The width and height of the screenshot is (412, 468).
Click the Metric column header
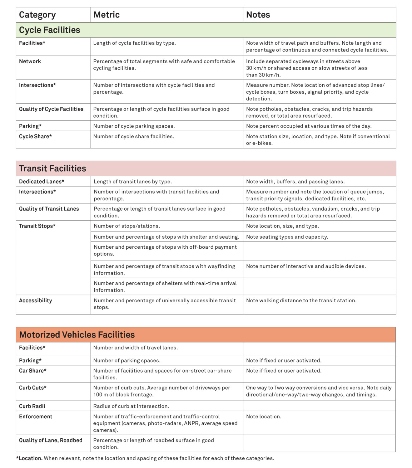coord(106,15)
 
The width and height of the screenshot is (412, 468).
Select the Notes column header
coord(258,15)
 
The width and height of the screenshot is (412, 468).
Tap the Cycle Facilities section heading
coord(49,30)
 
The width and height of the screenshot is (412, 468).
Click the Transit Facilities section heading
coord(52,168)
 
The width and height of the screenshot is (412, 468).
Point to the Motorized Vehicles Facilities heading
coord(77,335)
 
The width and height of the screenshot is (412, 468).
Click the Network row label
coord(30,61)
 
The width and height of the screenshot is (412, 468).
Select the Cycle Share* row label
coord(35,136)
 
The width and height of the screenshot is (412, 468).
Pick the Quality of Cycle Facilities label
coord(51,109)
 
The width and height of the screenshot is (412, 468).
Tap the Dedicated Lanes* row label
coord(42,182)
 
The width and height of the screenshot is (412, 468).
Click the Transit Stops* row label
coord(37,226)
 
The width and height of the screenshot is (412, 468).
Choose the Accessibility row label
coord(36,300)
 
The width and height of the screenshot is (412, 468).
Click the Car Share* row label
coord(33,371)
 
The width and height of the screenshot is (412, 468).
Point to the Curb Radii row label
coord(32,406)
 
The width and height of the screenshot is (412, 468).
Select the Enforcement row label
coord(36,417)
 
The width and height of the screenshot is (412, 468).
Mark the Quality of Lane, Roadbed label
coord(51,440)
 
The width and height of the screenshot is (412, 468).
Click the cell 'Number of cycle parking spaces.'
coord(134,126)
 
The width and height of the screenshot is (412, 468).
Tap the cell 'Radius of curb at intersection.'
coord(131,406)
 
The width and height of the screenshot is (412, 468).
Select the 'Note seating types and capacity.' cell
coord(287,237)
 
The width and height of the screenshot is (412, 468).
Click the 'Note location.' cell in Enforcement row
coord(264,417)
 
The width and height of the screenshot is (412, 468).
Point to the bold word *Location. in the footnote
coord(29,458)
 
